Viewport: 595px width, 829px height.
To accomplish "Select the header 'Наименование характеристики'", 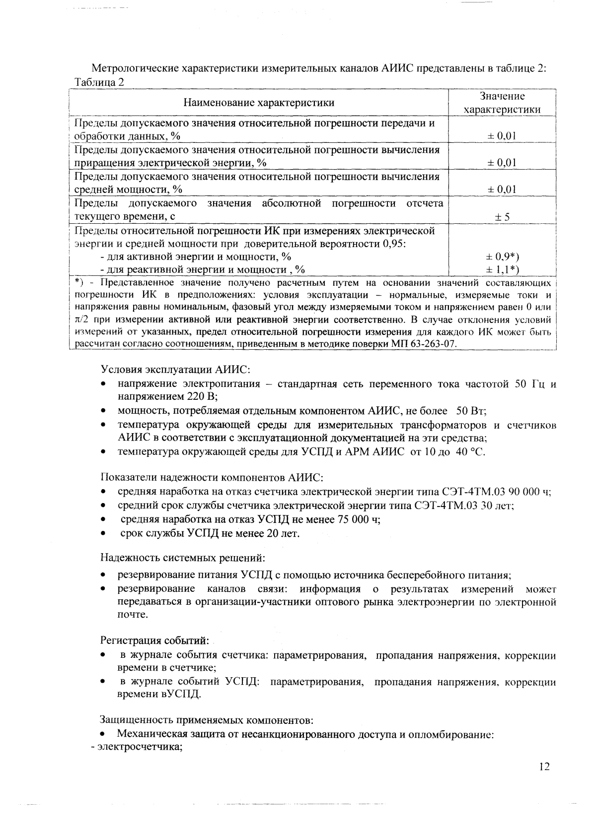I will coord(259,103).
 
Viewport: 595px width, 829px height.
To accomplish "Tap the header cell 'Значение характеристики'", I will coord(502,103).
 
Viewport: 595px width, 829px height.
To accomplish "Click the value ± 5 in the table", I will coord(502,216).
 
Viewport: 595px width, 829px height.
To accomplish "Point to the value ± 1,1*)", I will coord(502,269).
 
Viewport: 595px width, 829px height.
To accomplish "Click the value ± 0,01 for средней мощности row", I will coord(502,189).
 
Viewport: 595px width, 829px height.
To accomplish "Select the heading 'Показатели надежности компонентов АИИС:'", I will coord(212,477).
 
